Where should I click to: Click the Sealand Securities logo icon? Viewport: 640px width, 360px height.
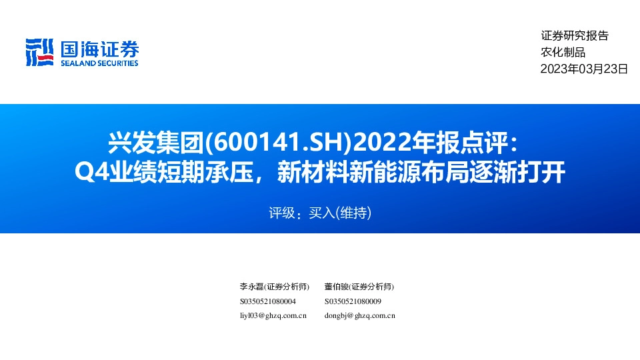39,52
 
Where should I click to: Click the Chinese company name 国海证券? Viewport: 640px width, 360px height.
99,49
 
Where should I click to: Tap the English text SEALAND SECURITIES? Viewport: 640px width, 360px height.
99,63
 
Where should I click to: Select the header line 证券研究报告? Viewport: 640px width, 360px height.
574,36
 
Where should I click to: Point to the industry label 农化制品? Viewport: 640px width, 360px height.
563,52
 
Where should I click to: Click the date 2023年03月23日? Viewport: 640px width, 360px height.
584,68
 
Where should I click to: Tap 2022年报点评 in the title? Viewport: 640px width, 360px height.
427,141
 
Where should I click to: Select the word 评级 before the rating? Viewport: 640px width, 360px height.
281,213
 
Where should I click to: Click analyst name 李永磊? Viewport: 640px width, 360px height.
251,287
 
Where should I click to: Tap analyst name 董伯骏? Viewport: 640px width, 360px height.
337,287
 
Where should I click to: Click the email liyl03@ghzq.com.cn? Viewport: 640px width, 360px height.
273,316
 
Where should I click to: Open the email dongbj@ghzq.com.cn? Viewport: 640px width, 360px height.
360,316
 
